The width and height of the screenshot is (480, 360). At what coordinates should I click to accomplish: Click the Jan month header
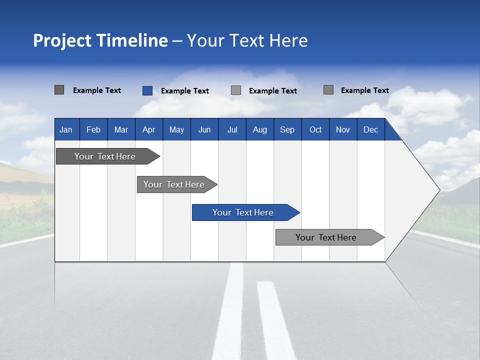[66, 129]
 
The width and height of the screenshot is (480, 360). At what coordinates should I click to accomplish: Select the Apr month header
[148, 129]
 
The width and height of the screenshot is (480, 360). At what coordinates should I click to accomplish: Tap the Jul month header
[232, 129]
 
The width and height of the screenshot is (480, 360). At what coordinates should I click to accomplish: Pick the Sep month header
[287, 129]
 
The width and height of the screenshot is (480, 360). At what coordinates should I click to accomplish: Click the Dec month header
[370, 129]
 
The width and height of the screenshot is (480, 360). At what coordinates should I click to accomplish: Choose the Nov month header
[342, 129]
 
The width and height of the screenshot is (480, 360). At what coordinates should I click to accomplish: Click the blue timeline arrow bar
[243, 212]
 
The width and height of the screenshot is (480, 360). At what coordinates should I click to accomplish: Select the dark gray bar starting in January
[105, 156]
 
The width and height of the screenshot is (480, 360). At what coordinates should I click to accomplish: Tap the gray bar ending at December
[326, 237]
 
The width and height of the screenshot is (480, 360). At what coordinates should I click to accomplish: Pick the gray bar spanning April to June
[174, 184]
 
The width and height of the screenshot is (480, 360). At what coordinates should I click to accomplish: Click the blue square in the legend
[147, 90]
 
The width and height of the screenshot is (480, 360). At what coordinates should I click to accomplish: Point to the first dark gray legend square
[59, 90]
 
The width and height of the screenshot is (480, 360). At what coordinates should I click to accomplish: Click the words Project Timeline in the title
[100, 40]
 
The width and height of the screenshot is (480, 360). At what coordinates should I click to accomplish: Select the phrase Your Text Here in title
[247, 40]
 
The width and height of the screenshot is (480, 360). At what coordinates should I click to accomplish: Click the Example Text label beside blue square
[184, 91]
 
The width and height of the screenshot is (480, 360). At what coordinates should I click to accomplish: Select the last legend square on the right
[328, 90]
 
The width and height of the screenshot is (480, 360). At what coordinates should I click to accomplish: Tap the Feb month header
[93, 129]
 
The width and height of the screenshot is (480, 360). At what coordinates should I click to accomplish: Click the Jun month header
[204, 129]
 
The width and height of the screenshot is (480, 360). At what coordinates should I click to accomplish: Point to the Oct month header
[315, 129]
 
